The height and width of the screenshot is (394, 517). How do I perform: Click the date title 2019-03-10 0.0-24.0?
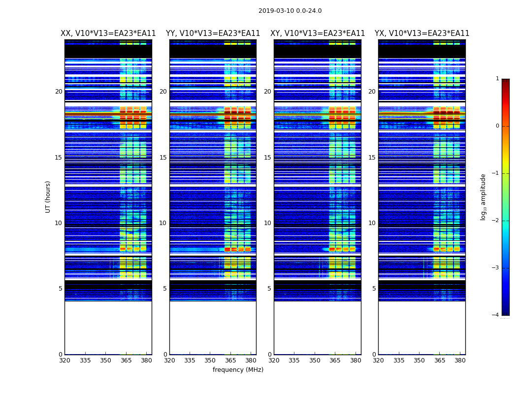pyautogui.click(x=290, y=11)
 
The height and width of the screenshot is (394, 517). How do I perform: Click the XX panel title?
pyautogui.click(x=108, y=33)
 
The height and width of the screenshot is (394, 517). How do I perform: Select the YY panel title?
pyautogui.click(x=213, y=33)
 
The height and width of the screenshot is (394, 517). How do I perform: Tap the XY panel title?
pyautogui.click(x=318, y=33)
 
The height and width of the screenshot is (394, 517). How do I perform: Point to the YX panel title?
pyautogui.click(x=422, y=33)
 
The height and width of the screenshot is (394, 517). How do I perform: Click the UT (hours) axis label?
pyautogui.click(x=48, y=197)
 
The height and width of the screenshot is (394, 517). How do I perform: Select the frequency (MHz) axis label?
pyautogui.click(x=238, y=370)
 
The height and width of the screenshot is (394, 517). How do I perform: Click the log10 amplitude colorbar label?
pyautogui.click(x=484, y=197)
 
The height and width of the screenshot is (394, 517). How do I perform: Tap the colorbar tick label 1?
pyautogui.click(x=497, y=79)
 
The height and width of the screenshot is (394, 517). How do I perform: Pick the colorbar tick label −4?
pyautogui.click(x=496, y=315)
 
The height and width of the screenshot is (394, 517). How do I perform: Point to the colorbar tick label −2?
pyautogui.click(x=496, y=221)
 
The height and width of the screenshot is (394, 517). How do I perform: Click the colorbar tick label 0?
pyautogui.click(x=497, y=126)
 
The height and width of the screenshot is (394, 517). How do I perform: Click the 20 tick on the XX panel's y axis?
pyautogui.click(x=59, y=92)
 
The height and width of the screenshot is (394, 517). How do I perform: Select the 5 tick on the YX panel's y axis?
pyautogui.click(x=374, y=289)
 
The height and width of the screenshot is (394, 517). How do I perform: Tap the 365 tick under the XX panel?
pyautogui.click(x=126, y=361)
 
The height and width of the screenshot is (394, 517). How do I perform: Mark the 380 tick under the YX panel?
pyautogui.click(x=460, y=361)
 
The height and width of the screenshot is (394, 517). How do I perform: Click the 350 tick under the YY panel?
pyautogui.click(x=210, y=361)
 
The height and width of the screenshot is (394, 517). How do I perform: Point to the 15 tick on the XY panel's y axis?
pyautogui.click(x=267, y=158)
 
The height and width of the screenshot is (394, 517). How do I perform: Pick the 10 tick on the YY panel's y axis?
pyautogui.click(x=163, y=223)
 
